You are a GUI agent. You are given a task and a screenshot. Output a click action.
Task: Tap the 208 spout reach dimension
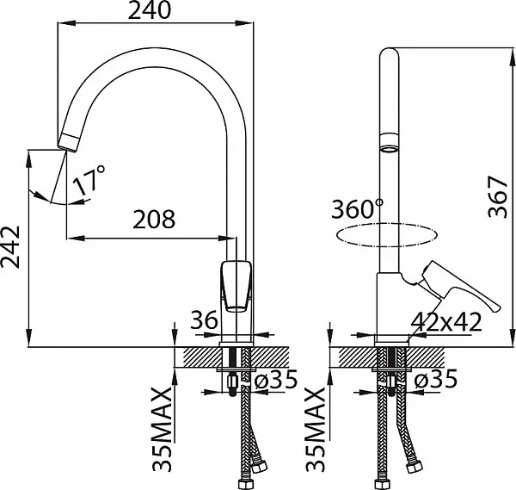[x=154, y=219]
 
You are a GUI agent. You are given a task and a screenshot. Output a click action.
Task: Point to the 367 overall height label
[x=498, y=196]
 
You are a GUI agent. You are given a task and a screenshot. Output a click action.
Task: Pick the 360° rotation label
[x=358, y=208]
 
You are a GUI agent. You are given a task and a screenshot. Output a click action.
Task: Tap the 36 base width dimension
[x=204, y=319]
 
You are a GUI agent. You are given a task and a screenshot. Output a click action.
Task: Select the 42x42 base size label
[x=446, y=322]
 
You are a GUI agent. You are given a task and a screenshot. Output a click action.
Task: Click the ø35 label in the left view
[x=276, y=379]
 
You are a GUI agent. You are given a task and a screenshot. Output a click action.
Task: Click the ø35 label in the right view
[x=436, y=378]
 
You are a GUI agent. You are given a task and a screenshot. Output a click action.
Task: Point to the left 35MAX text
[x=162, y=430]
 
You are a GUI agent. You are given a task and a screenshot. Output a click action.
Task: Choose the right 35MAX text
[x=316, y=430]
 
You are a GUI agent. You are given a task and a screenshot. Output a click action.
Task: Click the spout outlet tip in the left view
[x=68, y=144]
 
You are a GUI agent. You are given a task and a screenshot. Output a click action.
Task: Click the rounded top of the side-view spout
[x=390, y=53]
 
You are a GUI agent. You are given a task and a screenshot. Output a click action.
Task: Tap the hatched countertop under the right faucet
[x=391, y=357]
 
